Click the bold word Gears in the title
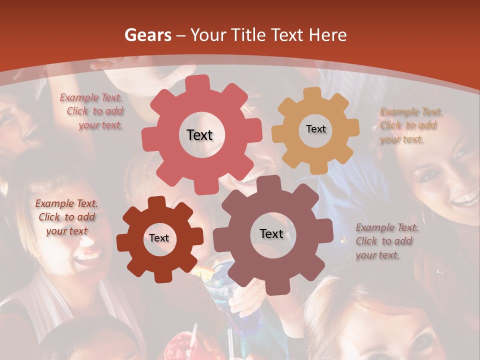click(x=147, y=35)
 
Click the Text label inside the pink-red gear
click(x=199, y=135)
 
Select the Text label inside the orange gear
click(x=315, y=129)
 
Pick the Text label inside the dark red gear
click(x=159, y=238)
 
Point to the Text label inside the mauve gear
click(x=271, y=233)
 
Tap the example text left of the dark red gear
click(x=66, y=217)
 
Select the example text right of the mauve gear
click(x=386, y=241)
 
